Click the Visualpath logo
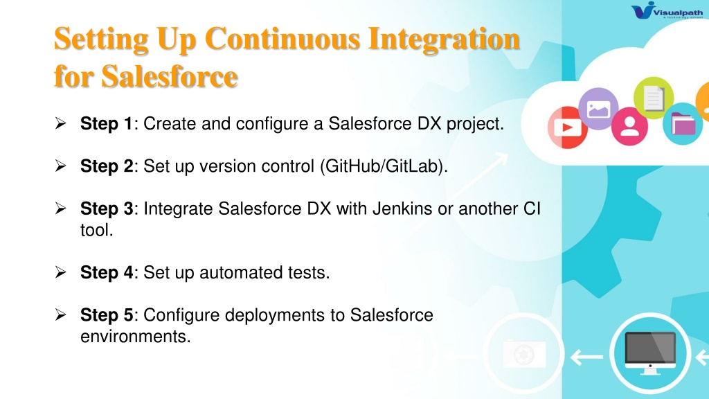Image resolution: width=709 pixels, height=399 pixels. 667,10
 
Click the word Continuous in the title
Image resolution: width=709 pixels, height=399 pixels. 282,39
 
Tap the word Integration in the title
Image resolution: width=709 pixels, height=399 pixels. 444,39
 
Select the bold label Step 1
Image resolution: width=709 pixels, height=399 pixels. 106,124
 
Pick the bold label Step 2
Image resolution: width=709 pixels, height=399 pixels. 107,166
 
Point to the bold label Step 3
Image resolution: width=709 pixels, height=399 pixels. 107,209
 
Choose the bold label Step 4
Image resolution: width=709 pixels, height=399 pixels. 107,273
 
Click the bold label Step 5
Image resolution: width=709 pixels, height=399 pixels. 107,315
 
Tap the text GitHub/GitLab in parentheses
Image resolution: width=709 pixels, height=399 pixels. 383,166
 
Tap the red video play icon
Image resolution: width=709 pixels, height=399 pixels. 568,127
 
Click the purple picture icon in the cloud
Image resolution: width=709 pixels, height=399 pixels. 598,109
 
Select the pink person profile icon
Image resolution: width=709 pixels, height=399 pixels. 629,127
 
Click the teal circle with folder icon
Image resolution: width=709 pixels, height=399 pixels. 682,123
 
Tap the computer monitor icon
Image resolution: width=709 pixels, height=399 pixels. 650,353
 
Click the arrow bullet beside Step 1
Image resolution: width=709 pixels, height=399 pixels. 61,123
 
